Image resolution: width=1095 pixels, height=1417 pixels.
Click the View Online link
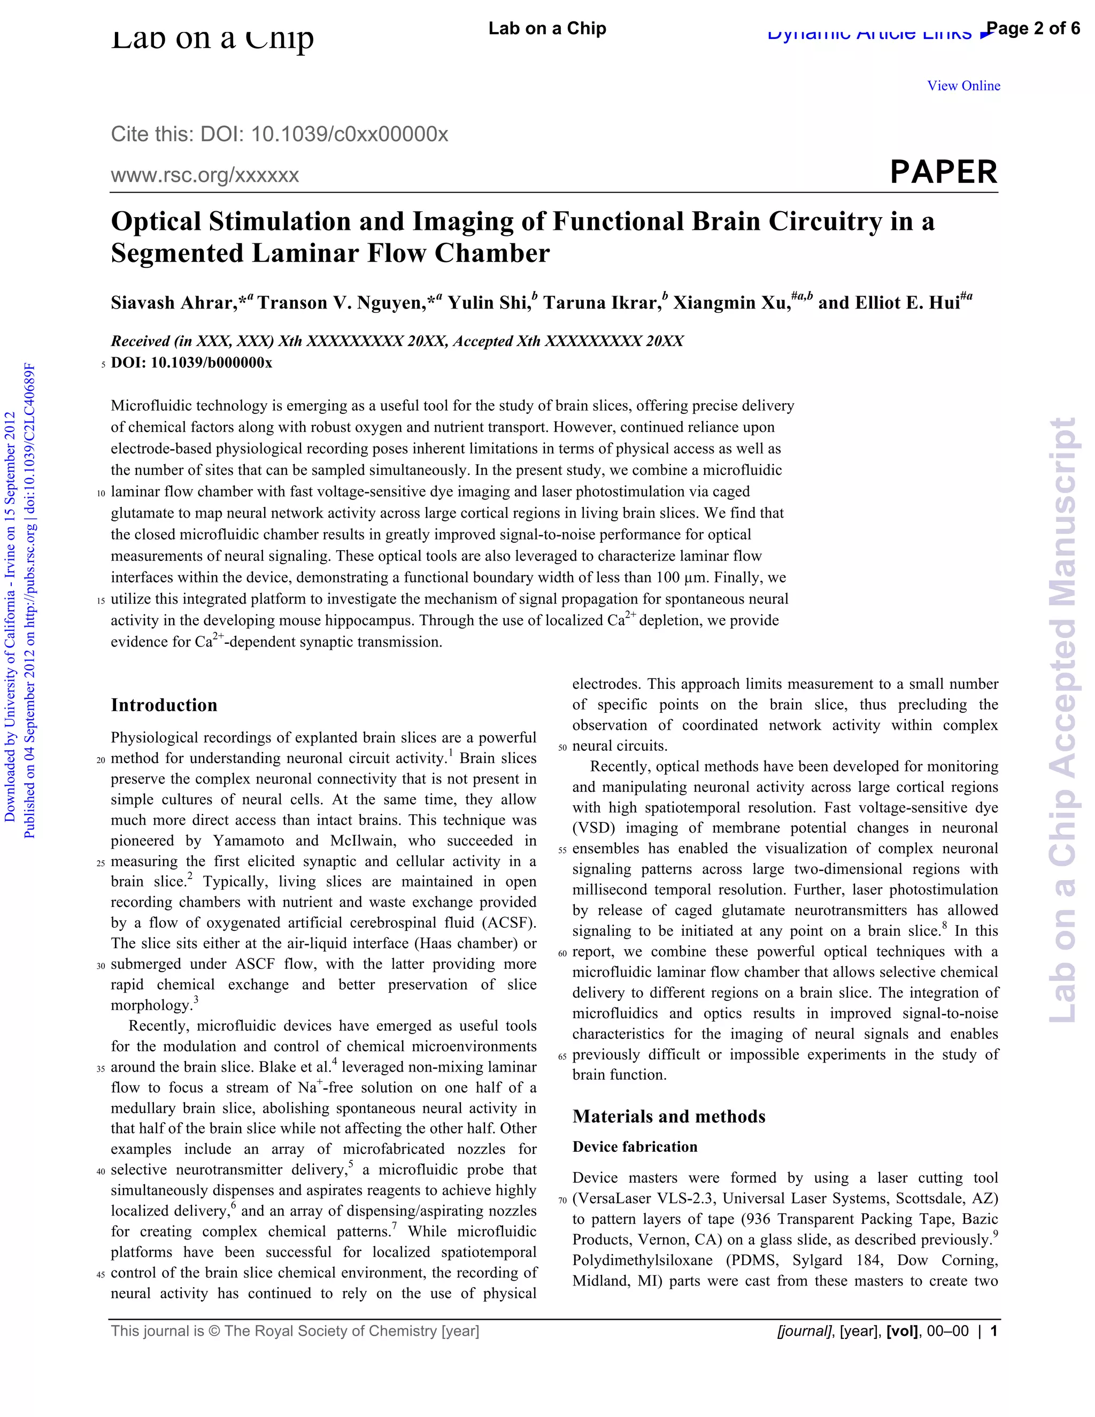963,86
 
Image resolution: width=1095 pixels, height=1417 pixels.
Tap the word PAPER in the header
943,173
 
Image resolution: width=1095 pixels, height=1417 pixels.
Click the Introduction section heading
164,705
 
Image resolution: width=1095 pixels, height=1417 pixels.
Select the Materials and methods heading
669,1116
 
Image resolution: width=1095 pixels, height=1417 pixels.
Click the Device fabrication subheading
635,1147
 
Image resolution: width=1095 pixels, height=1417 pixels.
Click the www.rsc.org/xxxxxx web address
205,175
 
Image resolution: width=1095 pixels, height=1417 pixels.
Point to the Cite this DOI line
280,134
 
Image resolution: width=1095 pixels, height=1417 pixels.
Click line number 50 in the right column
562,748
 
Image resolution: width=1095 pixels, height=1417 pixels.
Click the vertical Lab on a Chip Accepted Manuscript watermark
1064,720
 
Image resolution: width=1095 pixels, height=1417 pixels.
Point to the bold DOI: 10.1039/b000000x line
191,363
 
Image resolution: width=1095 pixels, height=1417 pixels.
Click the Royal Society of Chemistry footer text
295,1331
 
